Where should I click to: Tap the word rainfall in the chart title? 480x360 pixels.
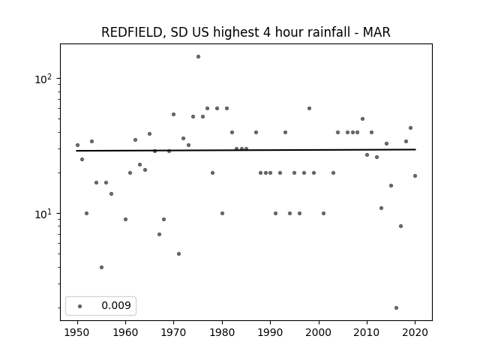[x=328, y=32]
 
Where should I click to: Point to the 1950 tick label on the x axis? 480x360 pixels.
[x=77, y=332]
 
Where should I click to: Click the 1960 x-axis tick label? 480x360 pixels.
[x=125, y=332]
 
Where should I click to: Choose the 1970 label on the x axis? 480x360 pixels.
[x=173, y=332]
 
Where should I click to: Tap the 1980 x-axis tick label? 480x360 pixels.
[x=222, y=332]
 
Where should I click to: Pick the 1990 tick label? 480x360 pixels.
[x=270, y=332]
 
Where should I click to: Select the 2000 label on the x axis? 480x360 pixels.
[x=319, y=332]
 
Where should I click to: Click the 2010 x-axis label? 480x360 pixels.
[x=367, y=332]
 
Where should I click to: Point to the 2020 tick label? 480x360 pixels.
[x=415, y=332]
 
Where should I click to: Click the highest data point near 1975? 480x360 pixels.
[x=198, y=57]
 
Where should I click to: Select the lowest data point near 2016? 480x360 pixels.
[x=397, y=308]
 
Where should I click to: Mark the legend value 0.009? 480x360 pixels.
[x=116, y=305]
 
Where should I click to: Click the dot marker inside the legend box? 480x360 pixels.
[x=80, y=306]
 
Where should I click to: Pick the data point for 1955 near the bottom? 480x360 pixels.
[x=102, y=267]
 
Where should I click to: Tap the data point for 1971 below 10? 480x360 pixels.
[x=178, y=253]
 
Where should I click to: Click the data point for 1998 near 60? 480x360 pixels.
[x=309, y=108]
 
